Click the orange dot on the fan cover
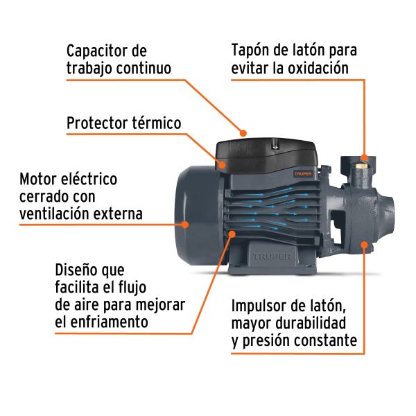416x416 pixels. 185,224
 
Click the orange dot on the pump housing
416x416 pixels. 363,245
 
